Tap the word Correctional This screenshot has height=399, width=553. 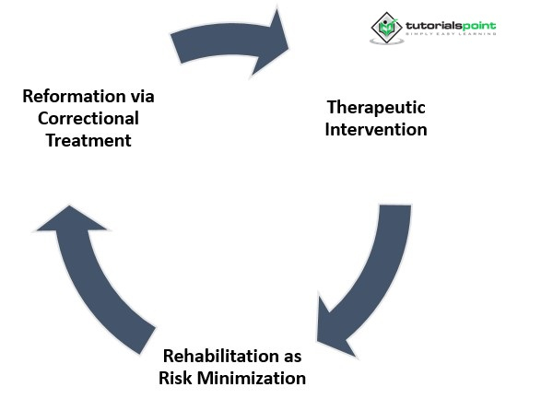click(x=80, y=118)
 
